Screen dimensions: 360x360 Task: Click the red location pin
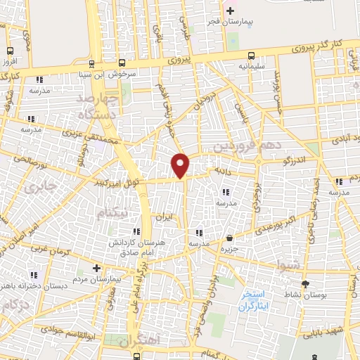(x=181, y=165)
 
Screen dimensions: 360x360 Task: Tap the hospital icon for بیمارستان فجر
(x=230, y=11)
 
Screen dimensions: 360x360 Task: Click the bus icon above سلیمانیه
(x=252, y=56)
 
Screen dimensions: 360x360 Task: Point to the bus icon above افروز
(x=10, y=51)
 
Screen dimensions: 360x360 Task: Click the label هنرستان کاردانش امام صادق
(x=162, y=246)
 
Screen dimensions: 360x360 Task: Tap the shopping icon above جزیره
(x=230, y=238)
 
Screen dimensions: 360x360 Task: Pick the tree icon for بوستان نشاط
(x=304, y=284)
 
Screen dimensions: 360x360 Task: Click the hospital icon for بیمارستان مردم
(x=97, y=268)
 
